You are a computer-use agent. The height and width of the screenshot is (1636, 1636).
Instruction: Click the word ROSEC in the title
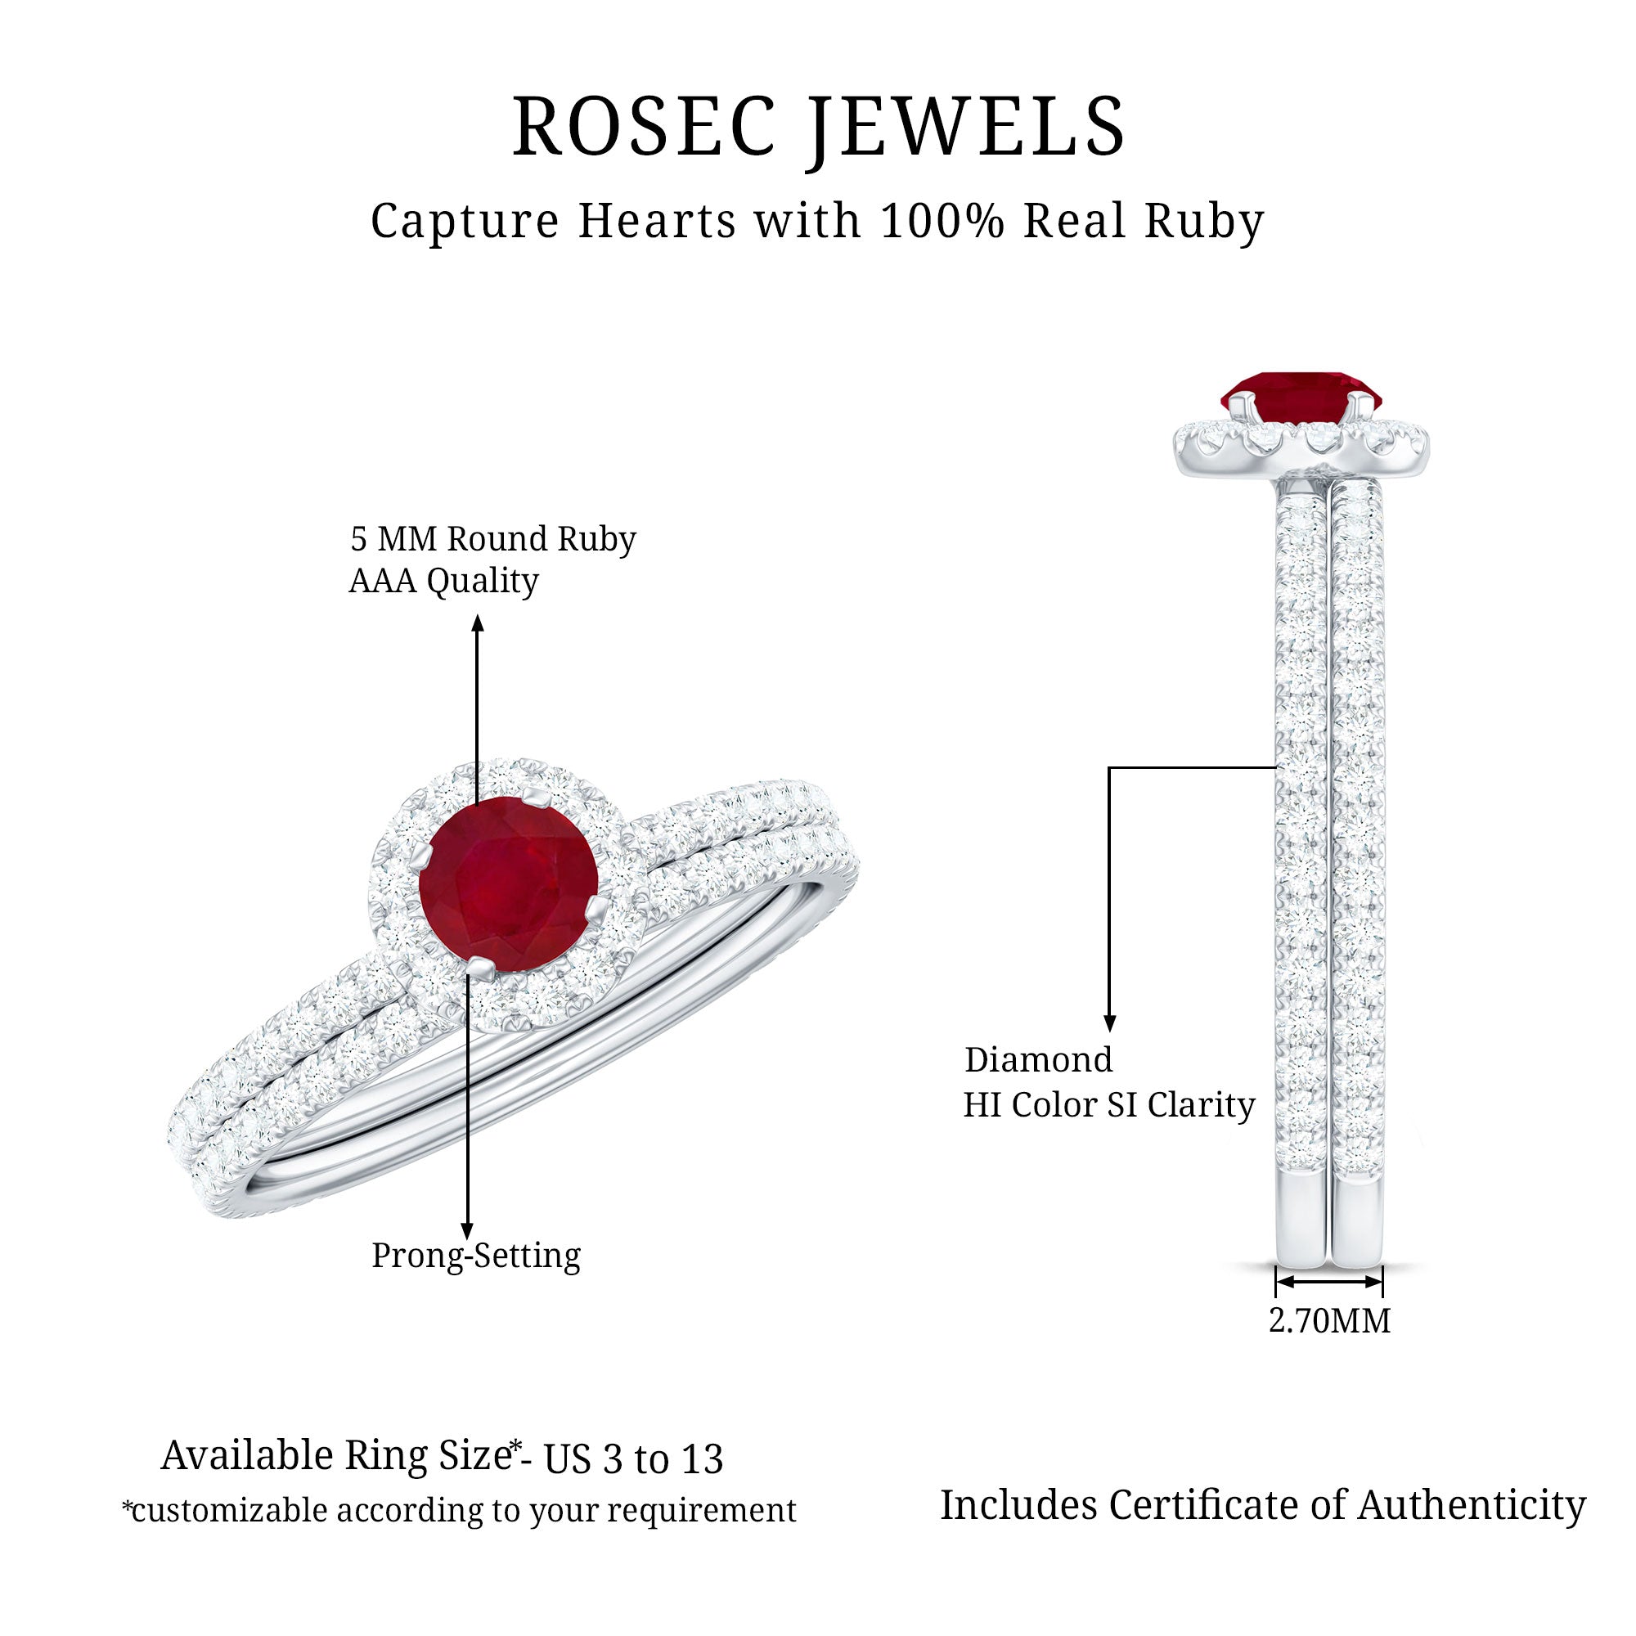644,127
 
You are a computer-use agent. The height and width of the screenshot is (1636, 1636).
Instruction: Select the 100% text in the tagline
942,221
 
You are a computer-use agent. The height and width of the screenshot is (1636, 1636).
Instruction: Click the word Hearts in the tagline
656,221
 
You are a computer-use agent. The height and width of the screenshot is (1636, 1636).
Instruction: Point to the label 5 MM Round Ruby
492,538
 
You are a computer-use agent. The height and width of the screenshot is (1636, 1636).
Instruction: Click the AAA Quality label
443,581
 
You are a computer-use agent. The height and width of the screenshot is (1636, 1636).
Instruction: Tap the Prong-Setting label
476,1255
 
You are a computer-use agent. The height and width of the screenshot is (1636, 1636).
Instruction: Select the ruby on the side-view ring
1300,395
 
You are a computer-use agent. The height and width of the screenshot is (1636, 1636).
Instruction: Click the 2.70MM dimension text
1329,1321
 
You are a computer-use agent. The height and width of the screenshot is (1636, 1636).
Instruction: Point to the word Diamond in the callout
1038,1060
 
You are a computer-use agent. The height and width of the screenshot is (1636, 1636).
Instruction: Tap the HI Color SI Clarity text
1108,1105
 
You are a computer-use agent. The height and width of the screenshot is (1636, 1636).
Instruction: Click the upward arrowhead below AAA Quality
478,623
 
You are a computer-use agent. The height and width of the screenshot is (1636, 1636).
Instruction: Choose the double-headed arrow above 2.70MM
1328,1282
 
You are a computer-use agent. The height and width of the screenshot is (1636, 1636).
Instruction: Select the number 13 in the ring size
702,1460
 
